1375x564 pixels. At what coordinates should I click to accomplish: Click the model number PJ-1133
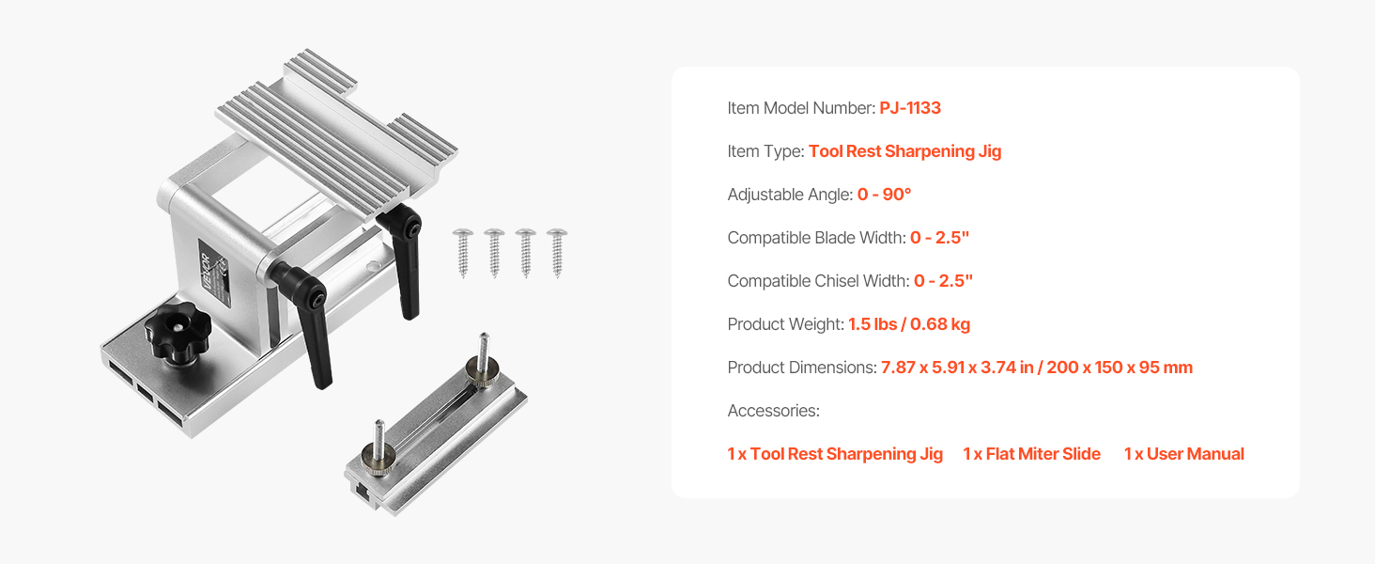pos(910,108)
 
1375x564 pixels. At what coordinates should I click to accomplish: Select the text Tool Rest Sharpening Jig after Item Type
pos(904,151)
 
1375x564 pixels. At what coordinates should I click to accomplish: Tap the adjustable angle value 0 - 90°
pos(884,195)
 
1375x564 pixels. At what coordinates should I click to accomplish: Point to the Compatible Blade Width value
pos(939,238)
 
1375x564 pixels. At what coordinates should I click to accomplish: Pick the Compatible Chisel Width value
pos(944,281)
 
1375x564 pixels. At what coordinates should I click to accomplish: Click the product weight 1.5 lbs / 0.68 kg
pos(909,324)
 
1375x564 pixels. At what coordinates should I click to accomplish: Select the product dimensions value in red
pos(1037,368)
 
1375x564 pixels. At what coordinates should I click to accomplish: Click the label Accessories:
pos(774,411)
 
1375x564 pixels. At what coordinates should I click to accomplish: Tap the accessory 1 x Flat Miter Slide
pos(1032,454)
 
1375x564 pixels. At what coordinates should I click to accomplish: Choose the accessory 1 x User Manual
pos(1184,454)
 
